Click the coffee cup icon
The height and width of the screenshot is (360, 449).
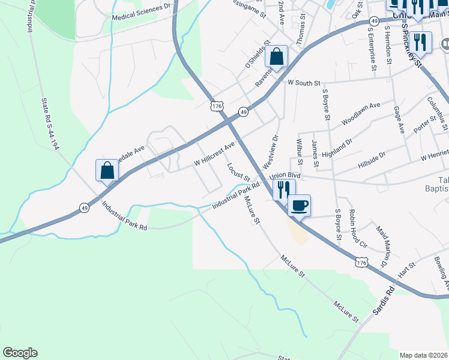point(299,206)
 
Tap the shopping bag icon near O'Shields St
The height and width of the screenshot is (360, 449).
point(276,57)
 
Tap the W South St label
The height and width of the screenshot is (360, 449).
point(304,83)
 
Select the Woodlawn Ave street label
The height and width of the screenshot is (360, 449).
point(361,113)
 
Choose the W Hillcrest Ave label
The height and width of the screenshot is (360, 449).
point(214,155)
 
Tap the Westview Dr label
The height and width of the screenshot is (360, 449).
point(271,151)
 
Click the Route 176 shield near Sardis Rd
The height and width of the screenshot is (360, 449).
point(361,263)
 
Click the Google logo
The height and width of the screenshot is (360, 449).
point(20,353)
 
